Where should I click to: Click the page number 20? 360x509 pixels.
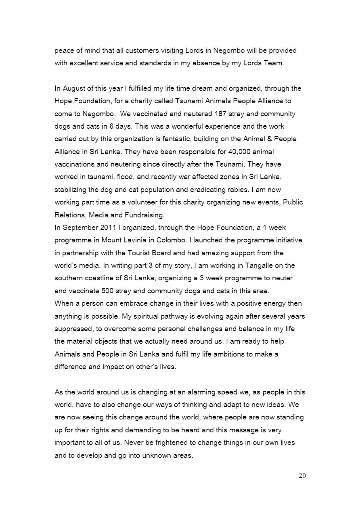(x=302, y=476)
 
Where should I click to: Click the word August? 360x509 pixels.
(x=73, y=88)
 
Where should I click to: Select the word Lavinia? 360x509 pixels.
(x=133, y=240)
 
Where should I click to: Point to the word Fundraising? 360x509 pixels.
(x=144, y=215)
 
